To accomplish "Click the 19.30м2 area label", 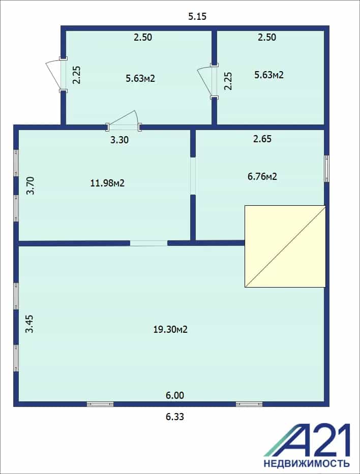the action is pyautogui.click(x=170, y=329).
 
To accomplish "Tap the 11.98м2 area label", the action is pyautogui.click(x=107, y=183).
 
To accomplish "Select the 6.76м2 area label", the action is pyautogui.click(x=262, y=176).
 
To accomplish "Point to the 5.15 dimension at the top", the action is pyautogui.click(x=197, y=16).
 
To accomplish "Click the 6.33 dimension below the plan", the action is pyautogui.click(x=175, y=417).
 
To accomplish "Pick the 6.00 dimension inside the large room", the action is pyautogui.click(x=175, y=395).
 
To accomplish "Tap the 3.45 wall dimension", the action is pyautogui.click(x=29, y=324).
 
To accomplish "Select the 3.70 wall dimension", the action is pyautogui.click(x=31, y=185).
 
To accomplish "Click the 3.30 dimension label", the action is pyautogui.click(x=119, y=140).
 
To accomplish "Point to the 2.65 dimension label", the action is pyautogui.click(x=262, y=139).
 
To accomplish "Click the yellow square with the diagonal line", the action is pyautogui.click(x=285, y=246).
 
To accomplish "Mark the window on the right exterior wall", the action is pyautogui.click(x=327, y=169).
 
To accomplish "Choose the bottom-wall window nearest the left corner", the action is pyautogui.click(x=100, y=404).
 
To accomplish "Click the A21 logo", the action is pyautogui.click(x=307, y=440).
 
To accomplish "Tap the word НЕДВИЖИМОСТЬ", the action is pyautogui.click(x=307, y=463).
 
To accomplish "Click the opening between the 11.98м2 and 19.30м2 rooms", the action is pyautogui.click(x=148, y=243).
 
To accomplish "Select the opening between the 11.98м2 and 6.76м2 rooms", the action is pyautogui.click(x=193, y=176).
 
